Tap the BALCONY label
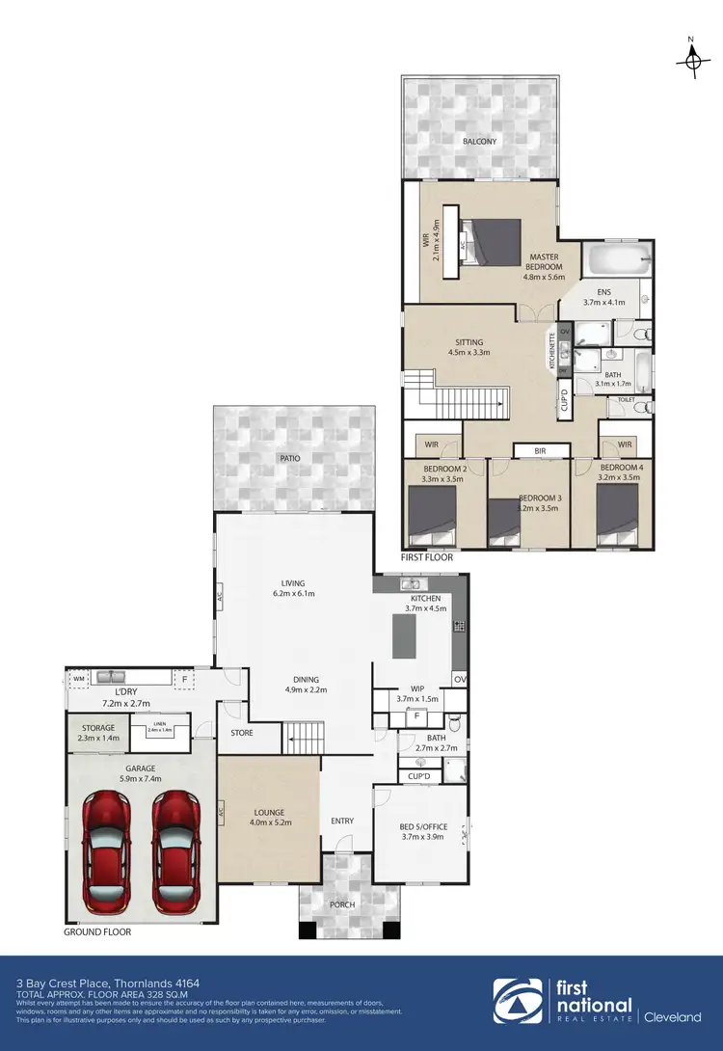479,142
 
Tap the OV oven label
459,679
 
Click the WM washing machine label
78,680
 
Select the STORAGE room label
97,728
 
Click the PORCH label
342,904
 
